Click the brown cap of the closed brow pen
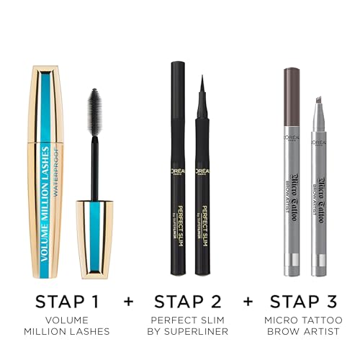(x=292, y=90)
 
